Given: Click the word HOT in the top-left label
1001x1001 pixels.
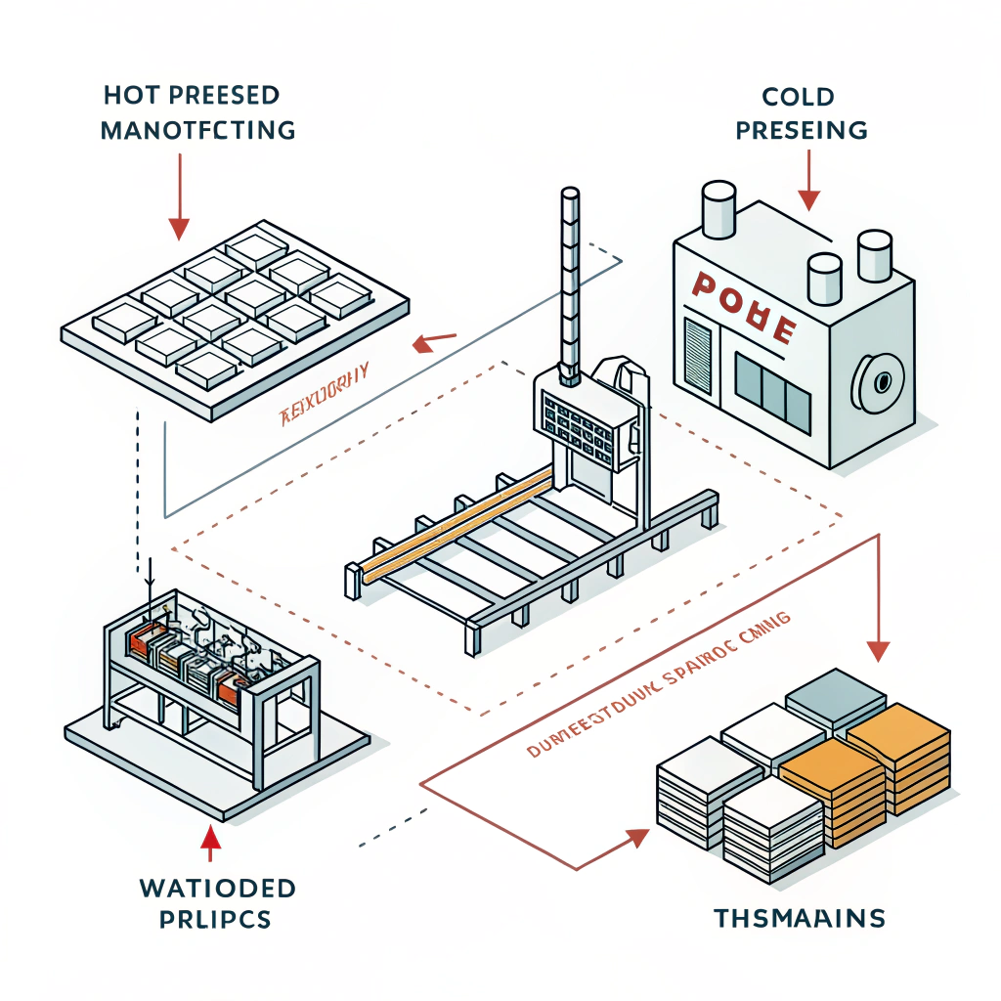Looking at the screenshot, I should [x=125, y=96].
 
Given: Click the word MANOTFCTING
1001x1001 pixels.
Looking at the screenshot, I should [x=198, y=130].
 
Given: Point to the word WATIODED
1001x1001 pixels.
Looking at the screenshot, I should [x=218, y=888].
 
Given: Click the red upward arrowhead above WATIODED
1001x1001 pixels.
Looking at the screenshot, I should [x=211, y=838].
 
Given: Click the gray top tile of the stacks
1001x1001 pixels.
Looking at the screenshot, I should [x=836, y=693].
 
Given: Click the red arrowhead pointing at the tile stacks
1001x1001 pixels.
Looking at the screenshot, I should [x=637, y=837].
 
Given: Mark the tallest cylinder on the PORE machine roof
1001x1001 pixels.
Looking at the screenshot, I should [x=718, y=211].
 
